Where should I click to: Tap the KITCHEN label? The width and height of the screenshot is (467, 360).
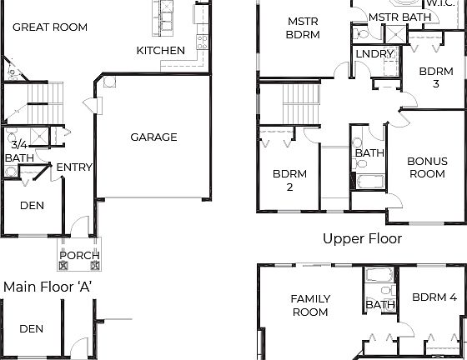click(160, 51)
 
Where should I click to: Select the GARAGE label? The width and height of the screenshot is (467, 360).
click(153, 137)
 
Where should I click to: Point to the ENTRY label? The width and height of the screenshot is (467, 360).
click(74, 167)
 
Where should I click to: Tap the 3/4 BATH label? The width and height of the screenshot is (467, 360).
click(18, 151)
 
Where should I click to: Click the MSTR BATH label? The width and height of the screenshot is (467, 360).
click(399, 17)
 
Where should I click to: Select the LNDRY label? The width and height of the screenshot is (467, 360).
click(373, 54)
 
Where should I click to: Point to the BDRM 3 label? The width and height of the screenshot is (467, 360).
click(435, 77)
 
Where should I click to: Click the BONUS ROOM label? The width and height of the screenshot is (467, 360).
click(425, 167)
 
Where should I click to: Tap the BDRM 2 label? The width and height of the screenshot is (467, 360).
click(289, 181)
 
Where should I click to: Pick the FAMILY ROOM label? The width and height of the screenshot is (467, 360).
click(309, 306)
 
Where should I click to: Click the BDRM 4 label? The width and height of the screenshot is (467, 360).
click(434, 297)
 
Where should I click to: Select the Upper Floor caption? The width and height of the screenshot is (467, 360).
click(362, 239)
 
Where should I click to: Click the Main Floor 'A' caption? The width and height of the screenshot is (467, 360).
click(48, 287)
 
